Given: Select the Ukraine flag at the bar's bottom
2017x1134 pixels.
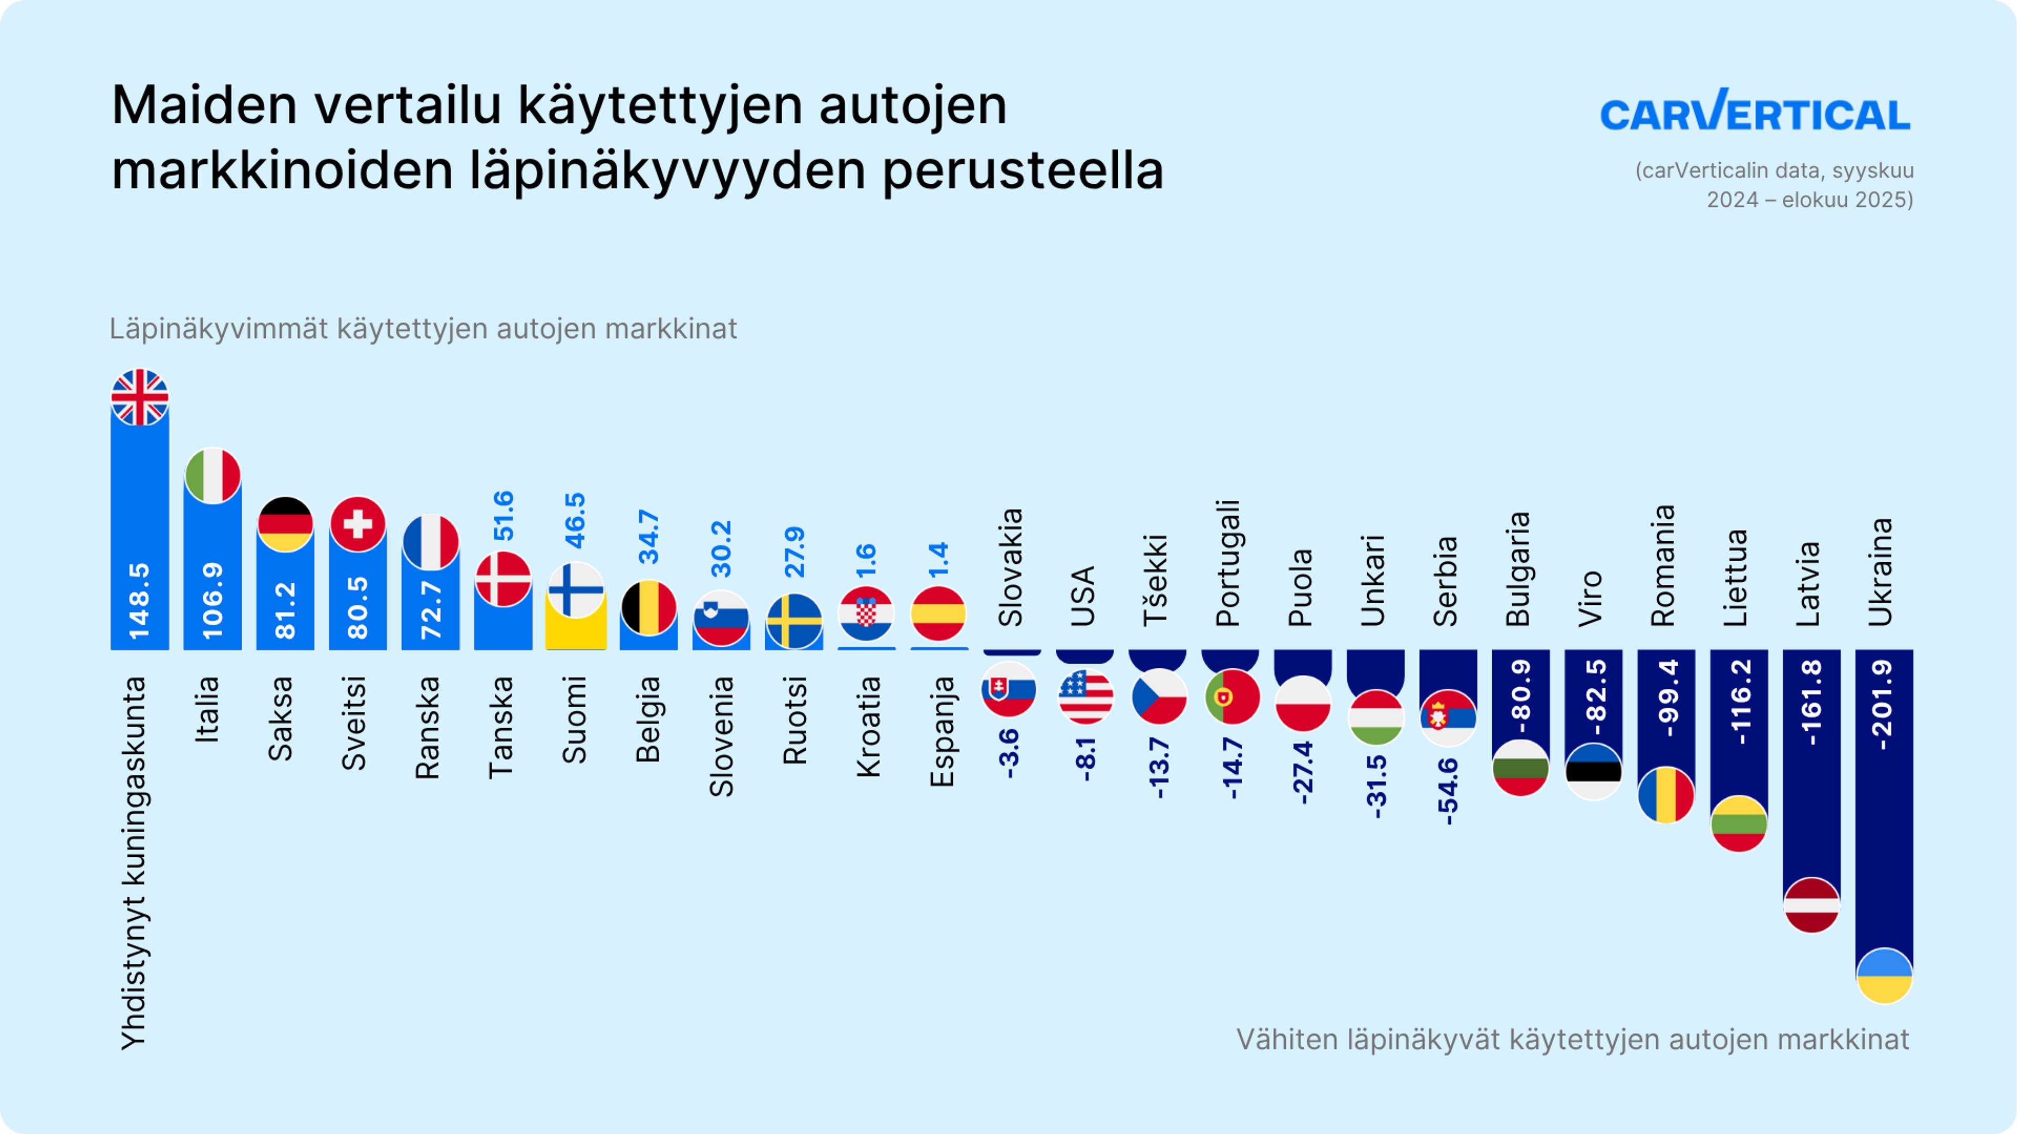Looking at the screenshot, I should (x=1884, y=975).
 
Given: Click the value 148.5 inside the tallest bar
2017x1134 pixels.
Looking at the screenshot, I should (x=139, y=601).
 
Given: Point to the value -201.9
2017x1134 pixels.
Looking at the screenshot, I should (x=1883, y=705).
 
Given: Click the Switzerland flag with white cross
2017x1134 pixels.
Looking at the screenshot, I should (x=358, y=523).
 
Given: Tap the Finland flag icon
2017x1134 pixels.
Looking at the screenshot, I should (x=576, y=589).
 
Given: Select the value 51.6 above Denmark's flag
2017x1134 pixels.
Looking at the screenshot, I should (x=503, y=515).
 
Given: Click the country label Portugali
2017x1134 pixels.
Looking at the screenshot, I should (x=1227, y=563).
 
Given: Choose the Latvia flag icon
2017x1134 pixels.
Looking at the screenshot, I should (x=1811, y=905).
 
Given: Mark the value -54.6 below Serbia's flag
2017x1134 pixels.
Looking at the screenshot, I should (x=1448, y=791).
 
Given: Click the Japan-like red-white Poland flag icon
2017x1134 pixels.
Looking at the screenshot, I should (x=1303, y=703).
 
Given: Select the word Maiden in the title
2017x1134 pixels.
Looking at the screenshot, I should (x=204, y=106).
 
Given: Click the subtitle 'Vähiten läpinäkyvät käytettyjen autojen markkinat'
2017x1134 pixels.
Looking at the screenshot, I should (x=1572, y=1039).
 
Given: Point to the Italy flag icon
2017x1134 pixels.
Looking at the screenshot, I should (x=212, y=476).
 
